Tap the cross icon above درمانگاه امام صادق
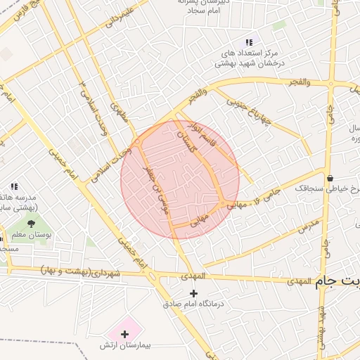194,292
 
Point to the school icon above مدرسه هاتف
13,186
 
